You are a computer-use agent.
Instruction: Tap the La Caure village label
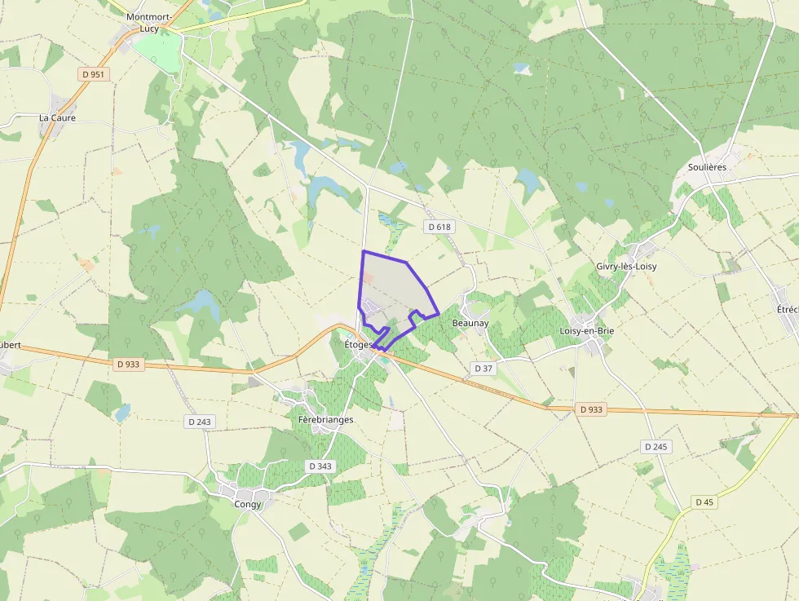(x=57, y=117)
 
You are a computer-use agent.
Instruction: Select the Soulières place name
(x=707, y=166)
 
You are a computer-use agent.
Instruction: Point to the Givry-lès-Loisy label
(x=626, y=267)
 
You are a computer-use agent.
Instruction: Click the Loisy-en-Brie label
(x=587, y=331)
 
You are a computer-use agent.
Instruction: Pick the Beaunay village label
(x=470, y=323)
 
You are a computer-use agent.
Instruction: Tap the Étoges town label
(x=359, y=345)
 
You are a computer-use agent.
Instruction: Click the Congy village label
(x=247, y=504)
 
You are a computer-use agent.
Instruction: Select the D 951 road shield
(x=94, y=74)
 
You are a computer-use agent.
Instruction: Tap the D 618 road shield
(x=438, y=227)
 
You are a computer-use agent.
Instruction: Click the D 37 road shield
(x=483, y=369)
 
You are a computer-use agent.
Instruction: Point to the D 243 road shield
(x=199, y=422)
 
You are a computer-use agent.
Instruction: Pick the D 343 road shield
(x=320, y=466)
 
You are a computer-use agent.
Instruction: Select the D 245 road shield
(x=656, y=446)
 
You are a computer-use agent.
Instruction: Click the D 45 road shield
(x=704, y=502)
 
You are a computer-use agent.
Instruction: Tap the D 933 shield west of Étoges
(x=128, y=365)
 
